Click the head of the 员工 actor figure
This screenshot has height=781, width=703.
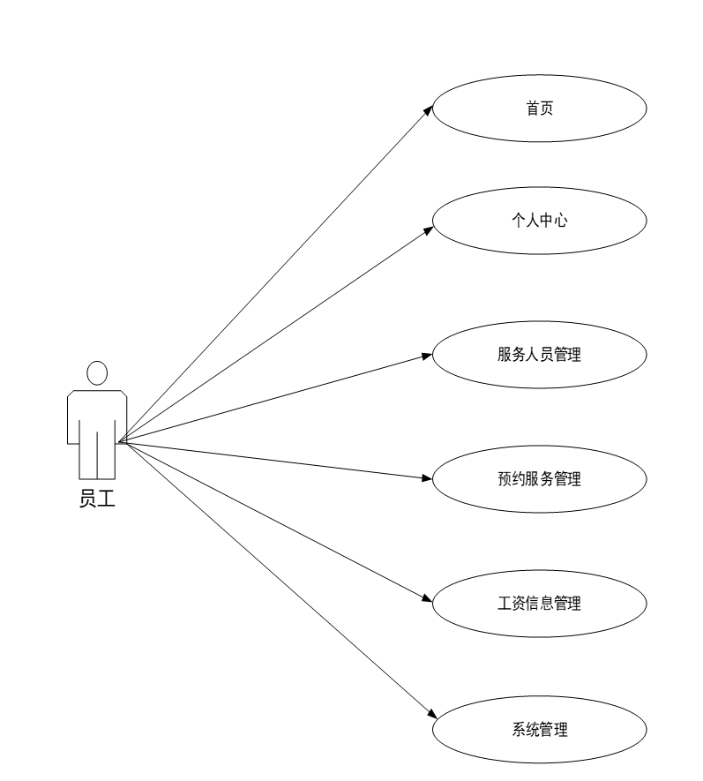[97, 373]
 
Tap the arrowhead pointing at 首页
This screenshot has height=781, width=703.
[428, 110]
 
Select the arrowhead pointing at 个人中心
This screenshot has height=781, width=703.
[428, 230]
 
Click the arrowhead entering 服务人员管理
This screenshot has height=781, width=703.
[427, 356]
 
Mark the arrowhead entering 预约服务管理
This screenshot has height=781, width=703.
[427, 479]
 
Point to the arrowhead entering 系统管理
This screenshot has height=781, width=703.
[430, 715]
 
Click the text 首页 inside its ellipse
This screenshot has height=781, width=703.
[540, 109]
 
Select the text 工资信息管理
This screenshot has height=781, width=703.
[540, 605]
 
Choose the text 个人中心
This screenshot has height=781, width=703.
[540, 221]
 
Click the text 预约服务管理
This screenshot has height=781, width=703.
[540, 480]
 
